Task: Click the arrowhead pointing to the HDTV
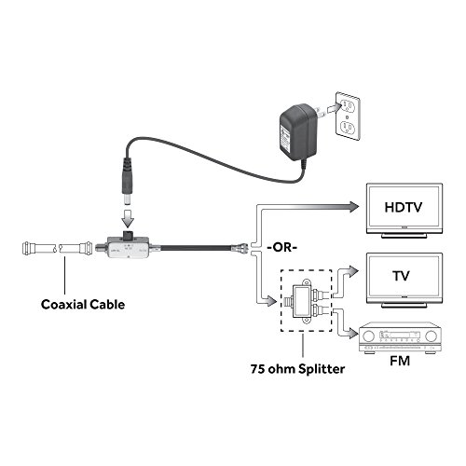pyautogui.click(x=351, y=207)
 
